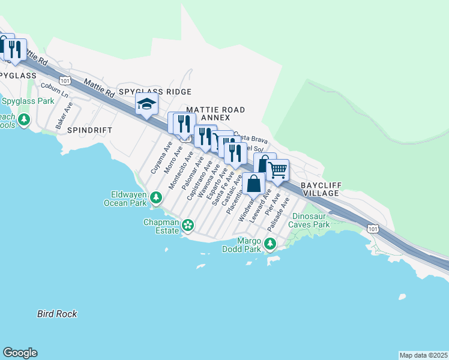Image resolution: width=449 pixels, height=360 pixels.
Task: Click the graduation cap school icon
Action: pos(146,105)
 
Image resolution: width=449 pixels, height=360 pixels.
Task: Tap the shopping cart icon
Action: pos(277,170)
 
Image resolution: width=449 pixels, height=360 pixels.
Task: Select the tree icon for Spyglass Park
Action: pos(24,120)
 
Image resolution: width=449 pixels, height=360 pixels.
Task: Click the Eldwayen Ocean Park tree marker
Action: pos(156,197)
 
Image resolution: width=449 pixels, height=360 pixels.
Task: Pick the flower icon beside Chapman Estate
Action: pos(188,225)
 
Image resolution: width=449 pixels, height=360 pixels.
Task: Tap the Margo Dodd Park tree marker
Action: pos(270,244)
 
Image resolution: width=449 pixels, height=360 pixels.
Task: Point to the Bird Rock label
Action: pos(57,314)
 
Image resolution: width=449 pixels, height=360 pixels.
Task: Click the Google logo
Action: pos(20,353)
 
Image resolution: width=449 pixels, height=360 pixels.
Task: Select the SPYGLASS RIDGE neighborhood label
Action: pos(155,92)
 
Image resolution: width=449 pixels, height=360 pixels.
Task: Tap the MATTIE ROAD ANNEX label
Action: pos(215,114)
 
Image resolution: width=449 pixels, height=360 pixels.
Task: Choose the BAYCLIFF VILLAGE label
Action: pos(320,190)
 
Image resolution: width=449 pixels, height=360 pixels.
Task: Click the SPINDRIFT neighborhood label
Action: pos(89,130)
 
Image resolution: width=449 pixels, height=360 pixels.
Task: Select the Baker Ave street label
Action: pos(64,115)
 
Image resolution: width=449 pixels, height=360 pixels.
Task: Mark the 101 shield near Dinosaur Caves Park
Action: pos(373,229)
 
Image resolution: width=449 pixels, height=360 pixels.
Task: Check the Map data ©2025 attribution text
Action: pos(423,355)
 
